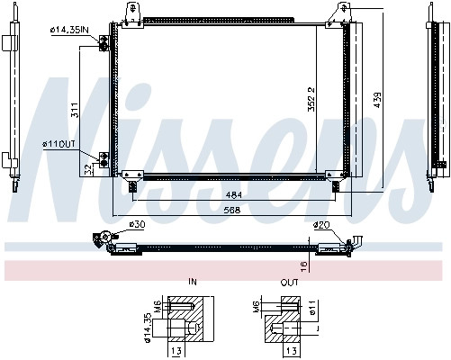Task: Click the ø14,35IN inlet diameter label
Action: click(69, 30)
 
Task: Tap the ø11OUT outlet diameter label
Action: click(59, 145)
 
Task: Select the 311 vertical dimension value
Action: click(75, 110)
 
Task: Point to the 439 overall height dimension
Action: click(378, 100)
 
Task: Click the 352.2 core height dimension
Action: click(311, 99)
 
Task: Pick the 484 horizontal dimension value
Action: click(234, 195)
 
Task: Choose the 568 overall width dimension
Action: click(232, 210)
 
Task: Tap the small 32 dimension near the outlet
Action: click(87, 170)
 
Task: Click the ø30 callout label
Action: click(137, 224)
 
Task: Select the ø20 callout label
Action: click(321, 225)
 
